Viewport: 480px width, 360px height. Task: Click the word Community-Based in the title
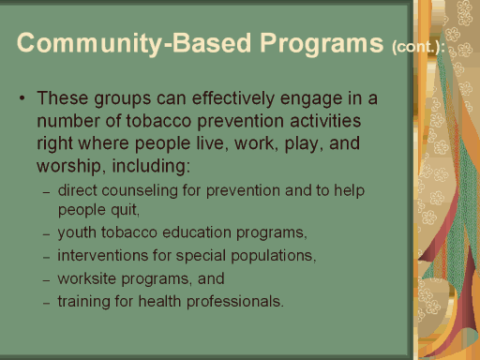[134, 43]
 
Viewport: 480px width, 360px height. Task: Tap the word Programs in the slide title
[322, 44]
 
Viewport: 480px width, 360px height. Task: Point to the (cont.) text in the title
[418, 47]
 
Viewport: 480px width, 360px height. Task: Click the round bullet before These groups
[22, 98]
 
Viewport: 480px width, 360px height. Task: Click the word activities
[325, 121]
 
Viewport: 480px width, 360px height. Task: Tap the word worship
[68, 166]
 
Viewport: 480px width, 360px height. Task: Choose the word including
[151, 166]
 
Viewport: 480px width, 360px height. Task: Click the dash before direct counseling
[47, 192]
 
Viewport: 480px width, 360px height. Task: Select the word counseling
[140, 191]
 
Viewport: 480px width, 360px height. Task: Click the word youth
[77, 233]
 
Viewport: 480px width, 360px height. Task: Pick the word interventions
[103, 255]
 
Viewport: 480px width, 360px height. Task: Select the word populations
[273, 256]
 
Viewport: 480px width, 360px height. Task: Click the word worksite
[87, 278]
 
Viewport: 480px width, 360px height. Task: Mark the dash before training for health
[47, 303]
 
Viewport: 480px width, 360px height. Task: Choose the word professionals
[234, 302]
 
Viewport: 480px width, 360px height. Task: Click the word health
[159, 301]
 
